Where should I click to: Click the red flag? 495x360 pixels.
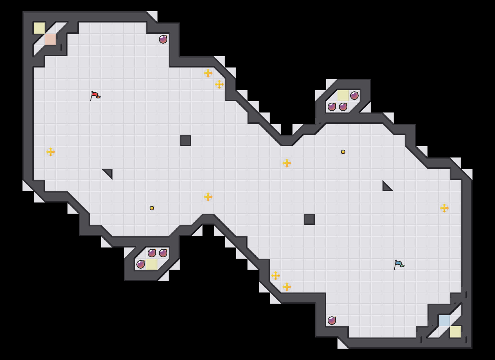tap(95, 96)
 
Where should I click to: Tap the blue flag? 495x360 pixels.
tap(399, 264)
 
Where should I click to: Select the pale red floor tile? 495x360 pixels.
tap(51, 39)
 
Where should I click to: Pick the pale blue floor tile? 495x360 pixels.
tap(444, 321)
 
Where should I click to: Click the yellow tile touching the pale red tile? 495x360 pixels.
tap(39, 28)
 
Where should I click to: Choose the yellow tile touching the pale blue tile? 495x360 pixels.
tap(456, 332)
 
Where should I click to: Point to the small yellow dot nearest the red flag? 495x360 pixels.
tap(152, 208)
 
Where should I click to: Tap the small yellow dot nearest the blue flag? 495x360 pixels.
tap(343, 152)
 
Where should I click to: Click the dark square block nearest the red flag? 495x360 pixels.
tap(186, 141)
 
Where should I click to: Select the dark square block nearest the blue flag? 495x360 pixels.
tap(309, 219)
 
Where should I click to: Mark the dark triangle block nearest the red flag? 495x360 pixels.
tap(109, 173)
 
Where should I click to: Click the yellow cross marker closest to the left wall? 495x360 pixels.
tap(51, 152)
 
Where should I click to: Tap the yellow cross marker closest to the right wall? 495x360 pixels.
tap(444, 208)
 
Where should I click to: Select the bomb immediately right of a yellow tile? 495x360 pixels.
tap(354, 96)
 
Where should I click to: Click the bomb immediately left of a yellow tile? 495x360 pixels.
tap(141, 264)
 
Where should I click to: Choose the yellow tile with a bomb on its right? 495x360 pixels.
tap(343, 96)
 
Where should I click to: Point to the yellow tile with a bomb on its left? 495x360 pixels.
tap(152, 264)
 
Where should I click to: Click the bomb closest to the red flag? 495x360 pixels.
tap(163, 39)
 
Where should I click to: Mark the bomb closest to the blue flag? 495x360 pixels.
tap(332, 321)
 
